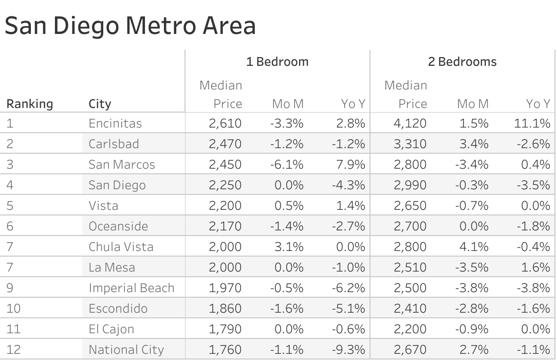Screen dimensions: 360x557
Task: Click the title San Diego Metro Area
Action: point(130,26)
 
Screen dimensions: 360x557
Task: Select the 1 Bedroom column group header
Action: point(277,62)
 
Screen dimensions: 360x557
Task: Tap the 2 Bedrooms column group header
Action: point(462,62)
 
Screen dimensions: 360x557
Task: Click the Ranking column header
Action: point(29,104)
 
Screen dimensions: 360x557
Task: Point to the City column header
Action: point(100,104)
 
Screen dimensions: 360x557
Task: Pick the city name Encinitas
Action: point(115,123)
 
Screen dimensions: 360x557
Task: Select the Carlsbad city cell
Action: point(114,144)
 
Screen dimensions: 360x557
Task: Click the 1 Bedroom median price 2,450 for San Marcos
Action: point(225,165)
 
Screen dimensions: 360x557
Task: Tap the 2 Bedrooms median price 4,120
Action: point(410,123)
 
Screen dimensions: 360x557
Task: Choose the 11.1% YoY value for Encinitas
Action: point(534,123)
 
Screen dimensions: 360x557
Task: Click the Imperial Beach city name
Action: point(131,288)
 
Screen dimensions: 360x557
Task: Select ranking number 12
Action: point(13,350)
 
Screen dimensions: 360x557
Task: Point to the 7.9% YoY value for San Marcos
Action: point(352,165)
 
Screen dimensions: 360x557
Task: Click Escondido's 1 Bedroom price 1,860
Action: point(225,309)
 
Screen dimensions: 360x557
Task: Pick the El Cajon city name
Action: point(111,329)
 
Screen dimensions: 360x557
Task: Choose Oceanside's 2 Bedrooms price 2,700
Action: point(410,226)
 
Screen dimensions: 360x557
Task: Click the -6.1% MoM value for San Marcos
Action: point(287,165)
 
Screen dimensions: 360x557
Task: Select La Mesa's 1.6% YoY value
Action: point(537,267)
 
